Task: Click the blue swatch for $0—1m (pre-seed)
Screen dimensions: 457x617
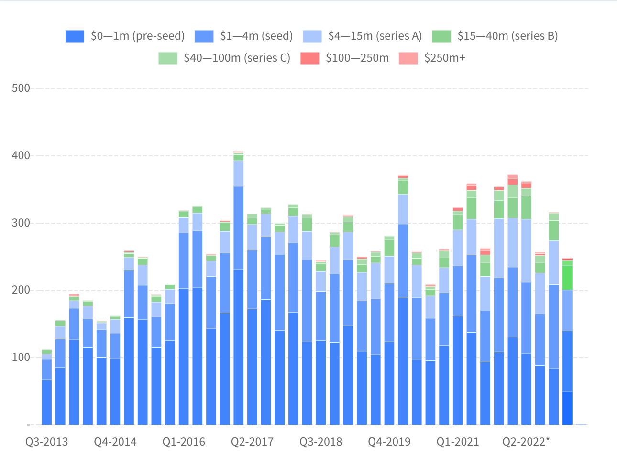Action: [75, 36]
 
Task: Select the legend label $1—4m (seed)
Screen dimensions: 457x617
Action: [256, 36]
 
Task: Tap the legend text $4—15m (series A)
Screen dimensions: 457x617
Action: [375, 36]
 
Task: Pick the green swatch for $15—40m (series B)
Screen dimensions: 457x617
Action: [441, 36]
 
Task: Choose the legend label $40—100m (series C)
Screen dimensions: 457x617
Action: [237, 58]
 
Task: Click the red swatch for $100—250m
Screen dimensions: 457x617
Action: [309, 58]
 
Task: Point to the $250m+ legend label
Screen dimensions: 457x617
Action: [444, 58]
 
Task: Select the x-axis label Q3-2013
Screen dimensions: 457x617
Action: [47, 442]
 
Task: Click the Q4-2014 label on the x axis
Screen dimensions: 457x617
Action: [115, 442]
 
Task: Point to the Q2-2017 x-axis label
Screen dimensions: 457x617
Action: [252, 442]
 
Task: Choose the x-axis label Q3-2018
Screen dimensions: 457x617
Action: [321, 442]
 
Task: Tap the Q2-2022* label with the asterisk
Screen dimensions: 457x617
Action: [526, 442]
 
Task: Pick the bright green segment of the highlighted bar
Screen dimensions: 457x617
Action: [567, 278]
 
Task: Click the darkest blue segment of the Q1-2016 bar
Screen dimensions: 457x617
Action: [184, 357]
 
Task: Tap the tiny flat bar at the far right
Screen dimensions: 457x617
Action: [581, 424]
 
